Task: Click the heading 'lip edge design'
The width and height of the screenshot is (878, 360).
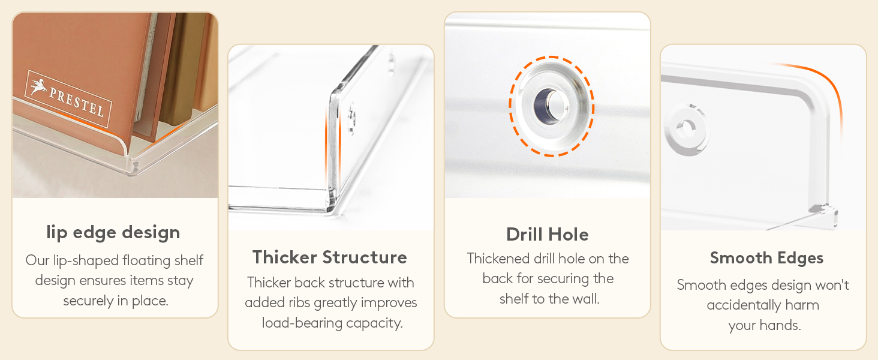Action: (113, 233)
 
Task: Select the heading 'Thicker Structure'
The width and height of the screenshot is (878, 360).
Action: (330, 257)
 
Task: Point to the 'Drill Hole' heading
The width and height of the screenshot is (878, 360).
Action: (547, 235)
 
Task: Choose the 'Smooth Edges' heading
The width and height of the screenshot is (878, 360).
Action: (766, 258)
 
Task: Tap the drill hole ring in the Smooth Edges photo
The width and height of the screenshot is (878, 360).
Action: (686, 128)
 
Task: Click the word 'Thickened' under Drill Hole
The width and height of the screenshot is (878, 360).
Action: (498, 259)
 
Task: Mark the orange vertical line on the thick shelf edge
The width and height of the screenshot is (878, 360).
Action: (326, 146)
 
